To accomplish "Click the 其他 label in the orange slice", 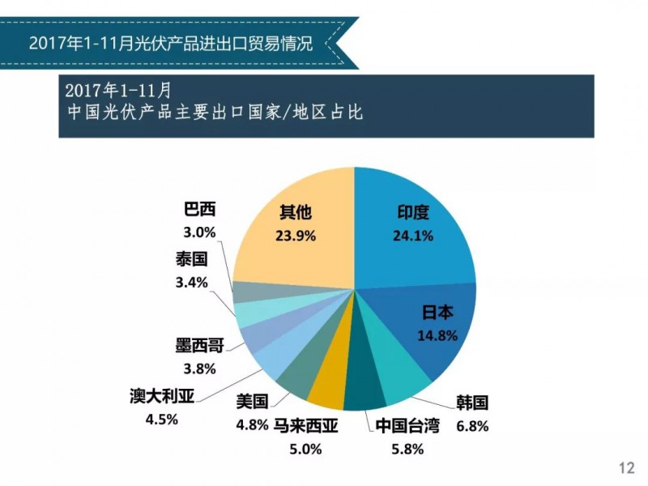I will coord(295,213).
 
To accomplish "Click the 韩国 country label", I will coord(472,403).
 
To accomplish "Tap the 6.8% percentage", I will coord(472,425).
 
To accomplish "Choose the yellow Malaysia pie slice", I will coord(329,391).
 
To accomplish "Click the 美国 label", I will coord(252,402).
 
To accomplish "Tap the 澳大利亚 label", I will coord(161,397).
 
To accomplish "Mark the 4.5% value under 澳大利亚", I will coord(161,419).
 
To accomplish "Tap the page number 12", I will coord(625,467).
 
